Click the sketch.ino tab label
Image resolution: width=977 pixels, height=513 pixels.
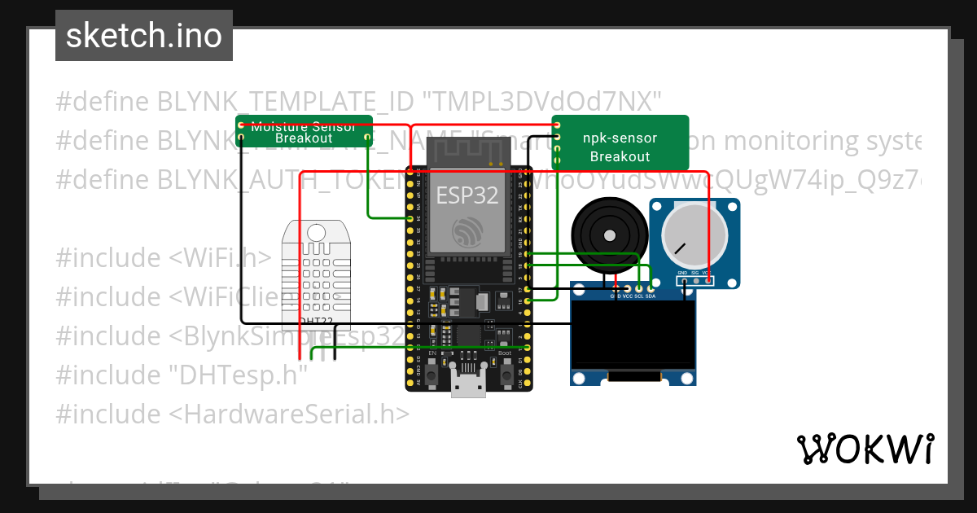(143, 36)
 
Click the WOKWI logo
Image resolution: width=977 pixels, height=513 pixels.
(865, 449)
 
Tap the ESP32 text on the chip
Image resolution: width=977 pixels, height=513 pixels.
(467, 195)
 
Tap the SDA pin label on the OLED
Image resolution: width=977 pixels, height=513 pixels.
(651, 296)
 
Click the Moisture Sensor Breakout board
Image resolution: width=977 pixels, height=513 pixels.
(304, 131)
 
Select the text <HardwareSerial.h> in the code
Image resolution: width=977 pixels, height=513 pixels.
(289, 414)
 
